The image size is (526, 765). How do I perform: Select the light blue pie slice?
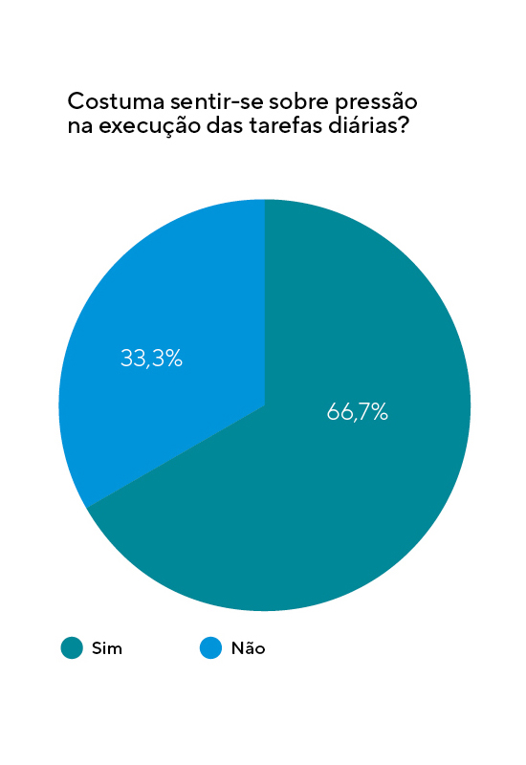(x=163, y=316)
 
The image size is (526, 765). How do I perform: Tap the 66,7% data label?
(x=357, y=412)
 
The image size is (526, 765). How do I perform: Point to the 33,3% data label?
(x=151, y=359)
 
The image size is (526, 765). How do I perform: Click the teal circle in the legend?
(x=72, y=647)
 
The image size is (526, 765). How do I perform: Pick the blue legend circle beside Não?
(x=210, y=647)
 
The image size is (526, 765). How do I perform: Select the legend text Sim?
(x=107, y=648)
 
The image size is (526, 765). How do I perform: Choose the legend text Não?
(x=248, y=648)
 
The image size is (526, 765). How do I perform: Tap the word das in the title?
(x=213, y=126)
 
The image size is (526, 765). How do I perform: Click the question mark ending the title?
(x=404, y=126)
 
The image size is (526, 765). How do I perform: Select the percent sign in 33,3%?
(x=172, y=359)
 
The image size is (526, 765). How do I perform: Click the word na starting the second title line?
(x=78, y=127)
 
